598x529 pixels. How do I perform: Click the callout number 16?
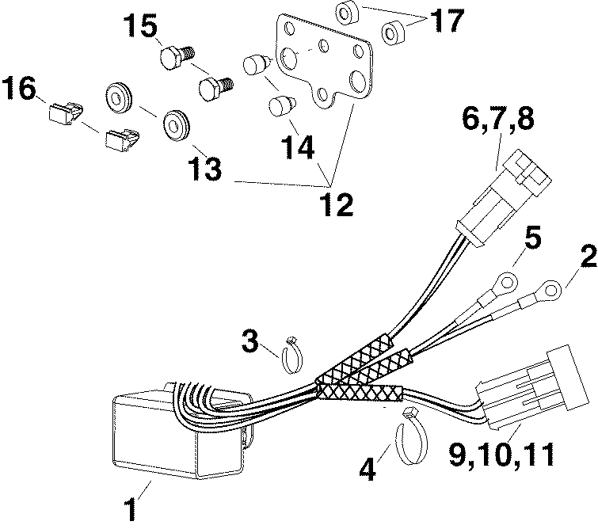click(x=18, y=89)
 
